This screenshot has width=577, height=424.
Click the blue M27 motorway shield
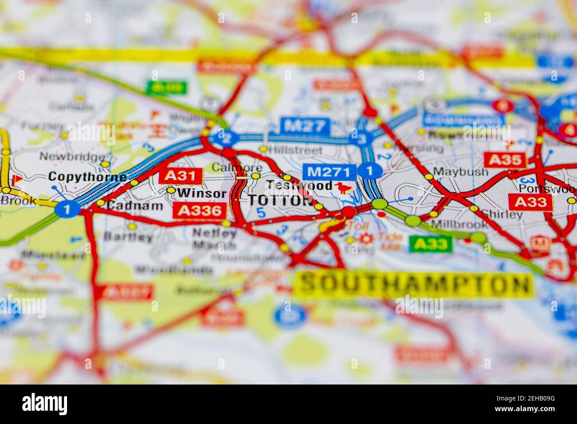click(x=305, y=126)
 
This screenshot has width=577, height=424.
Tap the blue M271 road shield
click(x=330, y=172)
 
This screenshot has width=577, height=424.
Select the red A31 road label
click(x=181, y=176)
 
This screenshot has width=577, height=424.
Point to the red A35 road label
click(x=505, y=160)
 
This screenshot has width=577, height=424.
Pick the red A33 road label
click(x=530, y=202)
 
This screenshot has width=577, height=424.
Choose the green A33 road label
click(x=431, y=243)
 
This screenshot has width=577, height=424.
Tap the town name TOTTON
click(x=280, y=200)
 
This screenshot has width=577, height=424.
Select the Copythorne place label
click(x=87, y=177)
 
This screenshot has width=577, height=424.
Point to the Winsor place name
click(x=202, y=193)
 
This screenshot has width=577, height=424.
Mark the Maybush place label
click(x=454, y=171)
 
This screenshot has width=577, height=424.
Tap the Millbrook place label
click(x=459, y=224)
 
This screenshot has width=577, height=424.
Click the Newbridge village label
click(x=72, y=157)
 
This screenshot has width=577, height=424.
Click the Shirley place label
click(x=502, y=215)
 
